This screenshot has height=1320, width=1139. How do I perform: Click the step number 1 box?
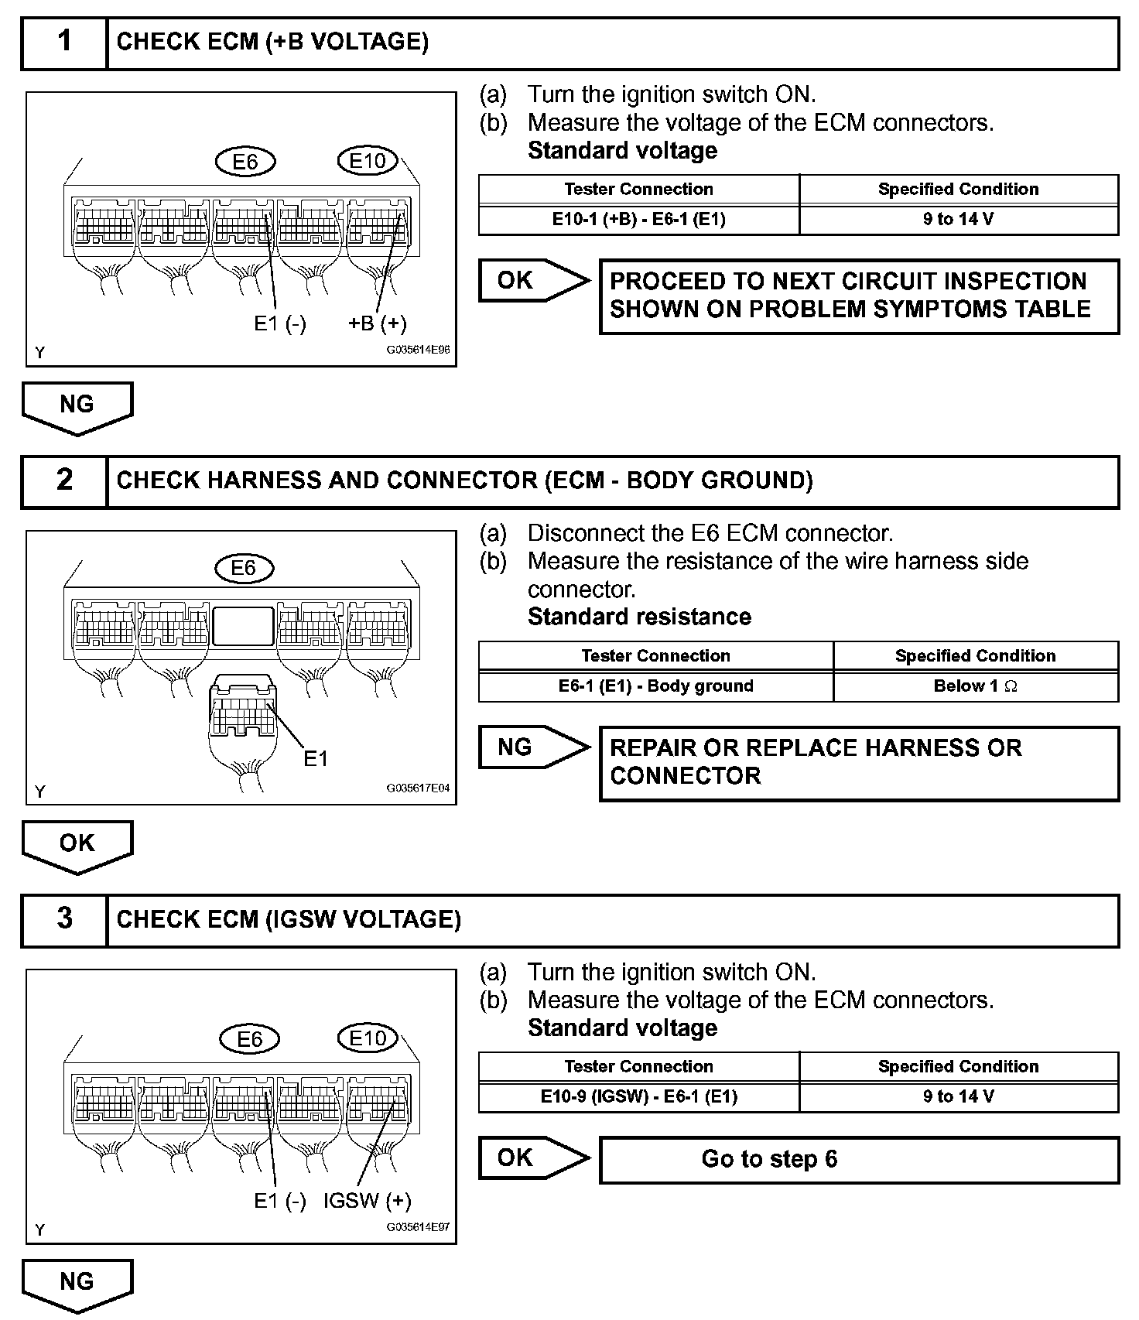64,43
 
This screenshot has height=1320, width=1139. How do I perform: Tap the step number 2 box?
64,481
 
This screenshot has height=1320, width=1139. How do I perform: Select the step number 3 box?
64,920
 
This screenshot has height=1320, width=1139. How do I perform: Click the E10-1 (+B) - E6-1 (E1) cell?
638,219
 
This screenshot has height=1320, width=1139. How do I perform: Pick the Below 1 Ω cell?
975,686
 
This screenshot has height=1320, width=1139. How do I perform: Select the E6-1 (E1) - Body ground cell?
655,686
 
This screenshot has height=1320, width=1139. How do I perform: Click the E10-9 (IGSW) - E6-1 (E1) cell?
638,1096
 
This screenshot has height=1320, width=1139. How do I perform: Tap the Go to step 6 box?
859,1159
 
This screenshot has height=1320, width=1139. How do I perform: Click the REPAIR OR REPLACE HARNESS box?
859,762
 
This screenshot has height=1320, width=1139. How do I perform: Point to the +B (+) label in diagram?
377,323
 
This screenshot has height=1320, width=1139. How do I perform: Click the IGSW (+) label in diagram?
367,1200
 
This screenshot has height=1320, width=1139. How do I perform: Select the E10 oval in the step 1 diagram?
367,161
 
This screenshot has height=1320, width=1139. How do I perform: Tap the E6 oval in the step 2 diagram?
243,569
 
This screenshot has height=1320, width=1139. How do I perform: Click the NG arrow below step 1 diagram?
77,405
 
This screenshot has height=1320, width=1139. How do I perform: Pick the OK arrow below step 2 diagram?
77,844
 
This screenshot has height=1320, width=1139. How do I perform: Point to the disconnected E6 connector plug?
242,716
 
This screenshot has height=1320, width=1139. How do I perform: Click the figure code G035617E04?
418,788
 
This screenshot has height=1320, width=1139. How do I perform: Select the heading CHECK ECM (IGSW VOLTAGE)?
289,919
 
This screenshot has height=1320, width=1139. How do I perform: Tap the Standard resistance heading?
639,617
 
